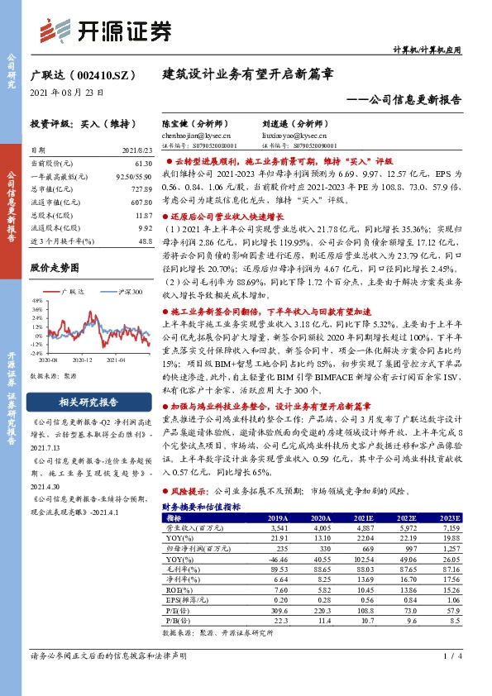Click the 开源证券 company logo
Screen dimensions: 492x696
point(107,30)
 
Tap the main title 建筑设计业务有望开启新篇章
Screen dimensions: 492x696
point(247,73)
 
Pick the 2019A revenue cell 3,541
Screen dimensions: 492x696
point(272,527)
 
